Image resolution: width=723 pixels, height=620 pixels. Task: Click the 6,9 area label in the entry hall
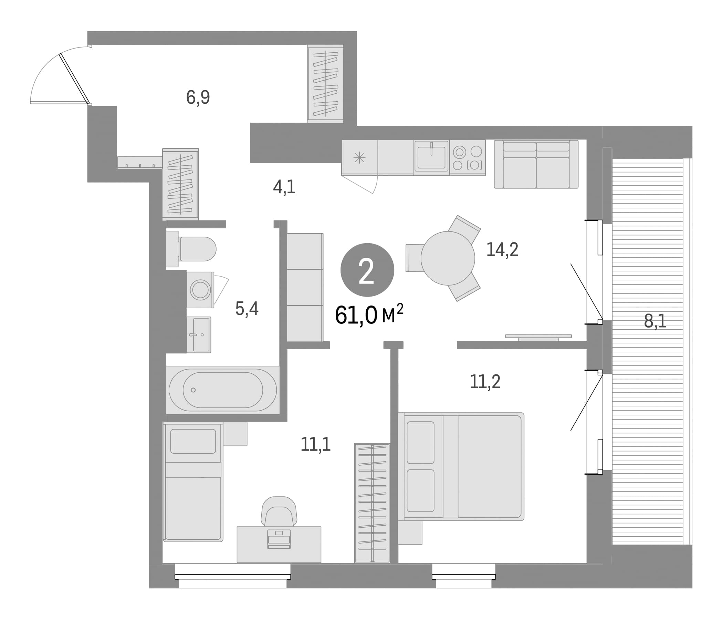[x=198, y=97]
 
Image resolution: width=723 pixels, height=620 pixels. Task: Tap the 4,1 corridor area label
[x=284, y=187]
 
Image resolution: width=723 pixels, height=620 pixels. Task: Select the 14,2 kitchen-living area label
[x=502, y=250]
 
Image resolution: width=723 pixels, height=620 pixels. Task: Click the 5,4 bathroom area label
[x=247, y=309]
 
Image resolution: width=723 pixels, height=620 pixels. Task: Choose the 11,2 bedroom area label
[x=485, y=382]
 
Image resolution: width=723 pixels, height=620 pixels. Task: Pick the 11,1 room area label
[x=315, y=444]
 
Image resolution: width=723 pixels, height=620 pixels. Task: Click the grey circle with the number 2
[x=367, y=270]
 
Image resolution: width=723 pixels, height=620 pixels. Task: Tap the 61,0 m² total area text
[x=369, y=314]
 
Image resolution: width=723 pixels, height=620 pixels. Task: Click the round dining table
[x=448, y=258]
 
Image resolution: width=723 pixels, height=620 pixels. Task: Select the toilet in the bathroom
[x=191, y=249]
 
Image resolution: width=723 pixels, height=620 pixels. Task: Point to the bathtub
[x=223, y=390]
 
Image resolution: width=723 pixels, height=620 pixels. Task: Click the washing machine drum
[x=200, y=290]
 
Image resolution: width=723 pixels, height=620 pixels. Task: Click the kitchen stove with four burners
[x=468, y=158]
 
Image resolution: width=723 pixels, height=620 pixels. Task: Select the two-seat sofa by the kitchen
[x=536, y=164]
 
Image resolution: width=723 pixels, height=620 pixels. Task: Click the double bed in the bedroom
[x=461, y=467]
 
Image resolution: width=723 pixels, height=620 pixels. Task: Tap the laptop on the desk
[x=279, y=539]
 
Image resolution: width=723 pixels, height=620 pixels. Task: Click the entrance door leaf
[x=74, y=79]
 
